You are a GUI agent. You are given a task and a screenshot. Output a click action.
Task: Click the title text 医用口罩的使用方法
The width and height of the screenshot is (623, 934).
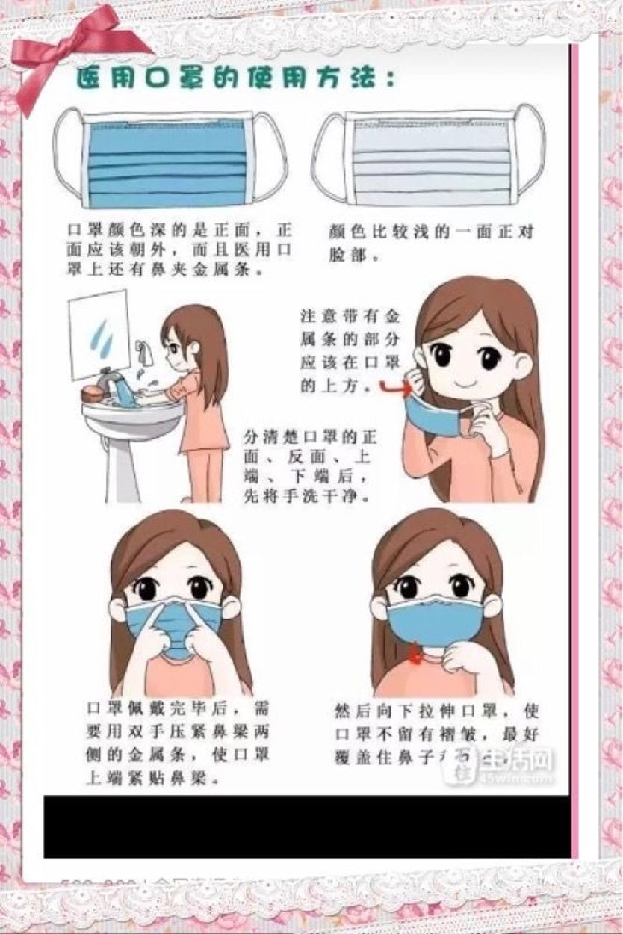click(235, 78)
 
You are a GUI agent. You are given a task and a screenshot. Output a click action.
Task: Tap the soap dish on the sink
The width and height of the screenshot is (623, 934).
click(93, 393)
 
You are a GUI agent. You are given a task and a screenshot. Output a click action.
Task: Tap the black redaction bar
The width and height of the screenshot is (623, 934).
click(306, 826)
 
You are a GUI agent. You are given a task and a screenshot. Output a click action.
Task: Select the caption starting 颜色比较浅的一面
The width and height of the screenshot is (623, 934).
click(432, 242)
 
